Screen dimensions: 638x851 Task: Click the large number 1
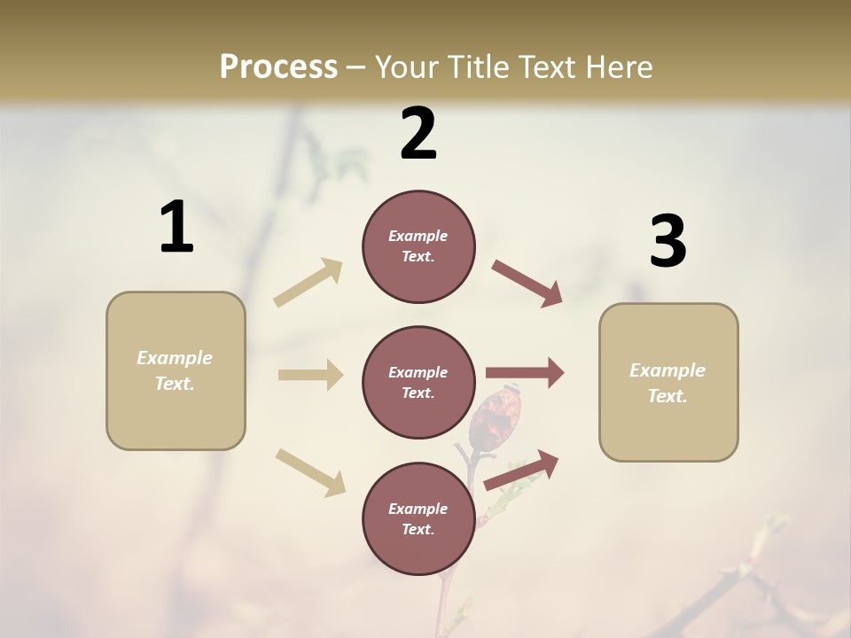tap(176, 228)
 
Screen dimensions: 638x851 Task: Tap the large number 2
tap(418, 134)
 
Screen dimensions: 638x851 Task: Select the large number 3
tap(668, 242)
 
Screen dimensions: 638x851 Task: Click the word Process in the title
tap(278, 66)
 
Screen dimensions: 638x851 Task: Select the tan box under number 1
tap(176, 370)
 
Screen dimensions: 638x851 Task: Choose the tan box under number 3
tap(668, 382)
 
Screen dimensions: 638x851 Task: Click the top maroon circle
tap(418, 246)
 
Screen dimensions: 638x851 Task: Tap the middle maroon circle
tap(418, 382)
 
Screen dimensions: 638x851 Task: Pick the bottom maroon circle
tap(418, 518)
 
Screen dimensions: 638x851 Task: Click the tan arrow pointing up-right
tap(308, 282)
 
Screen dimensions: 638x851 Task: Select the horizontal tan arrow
tap(310, 375)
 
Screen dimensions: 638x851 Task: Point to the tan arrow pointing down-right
tap(310, 471)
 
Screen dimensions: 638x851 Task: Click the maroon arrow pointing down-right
tap(527, 283)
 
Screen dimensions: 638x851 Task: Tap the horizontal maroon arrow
tap(525, 372)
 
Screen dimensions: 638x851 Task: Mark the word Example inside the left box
tap(175, 358)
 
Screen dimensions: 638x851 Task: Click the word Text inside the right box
tap(668, 396)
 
